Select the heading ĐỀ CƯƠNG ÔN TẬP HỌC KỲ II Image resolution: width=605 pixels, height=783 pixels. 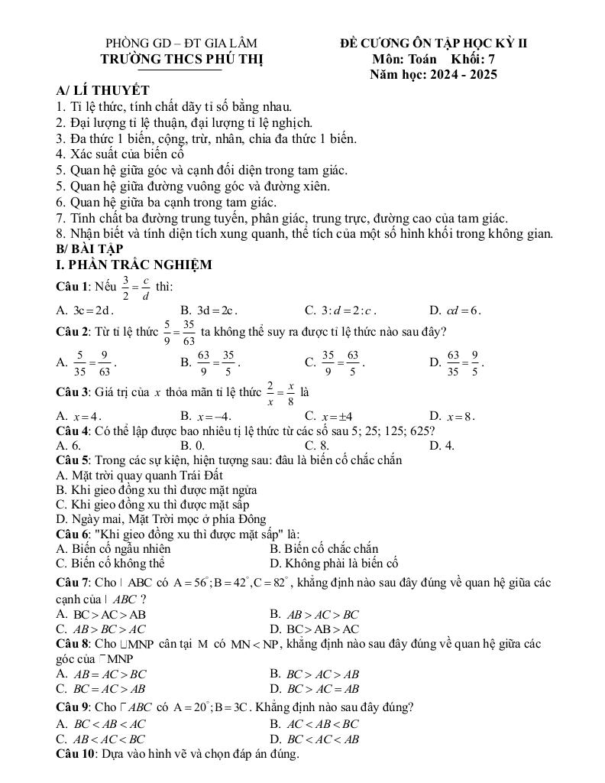[433, 44]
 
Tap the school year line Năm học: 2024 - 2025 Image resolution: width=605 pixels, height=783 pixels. [433, 75]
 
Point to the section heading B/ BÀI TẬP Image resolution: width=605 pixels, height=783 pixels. [89, 249]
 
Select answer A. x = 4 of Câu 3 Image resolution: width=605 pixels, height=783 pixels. [79, 416]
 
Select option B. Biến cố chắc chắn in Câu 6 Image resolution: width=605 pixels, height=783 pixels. [324, 548]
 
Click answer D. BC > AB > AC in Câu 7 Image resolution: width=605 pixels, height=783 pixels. [314, 629]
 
